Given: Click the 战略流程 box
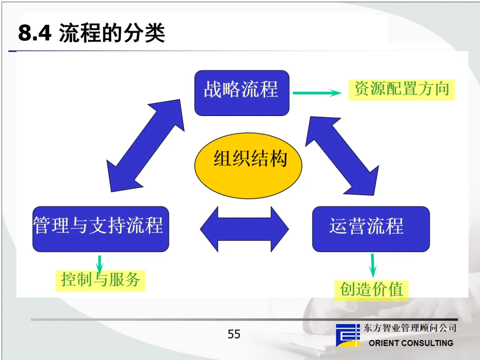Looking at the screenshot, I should (x=242, y=92).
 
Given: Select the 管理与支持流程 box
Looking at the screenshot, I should (x=100, y=229).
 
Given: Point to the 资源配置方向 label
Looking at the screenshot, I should (x=401, y=89).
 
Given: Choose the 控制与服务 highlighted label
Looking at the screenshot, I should (x=100, y=280).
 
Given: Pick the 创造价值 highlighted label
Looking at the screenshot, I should (x=372, y=289).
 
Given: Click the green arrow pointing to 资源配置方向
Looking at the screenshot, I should (x=316, y=93).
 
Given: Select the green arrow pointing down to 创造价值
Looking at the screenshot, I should (x=373, y=265).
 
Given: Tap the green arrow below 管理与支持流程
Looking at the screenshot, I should (x=100, y=264).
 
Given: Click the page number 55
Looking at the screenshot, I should (x=234, y=334).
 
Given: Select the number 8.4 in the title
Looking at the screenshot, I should (x=35, y=34).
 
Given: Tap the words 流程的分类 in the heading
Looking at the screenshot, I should (x=112, y=34).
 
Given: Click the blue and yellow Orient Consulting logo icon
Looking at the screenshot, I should (x=348, y=335).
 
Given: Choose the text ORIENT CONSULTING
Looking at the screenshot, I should (x=411, y=343).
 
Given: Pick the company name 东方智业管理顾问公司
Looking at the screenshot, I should (x=410, y=328).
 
